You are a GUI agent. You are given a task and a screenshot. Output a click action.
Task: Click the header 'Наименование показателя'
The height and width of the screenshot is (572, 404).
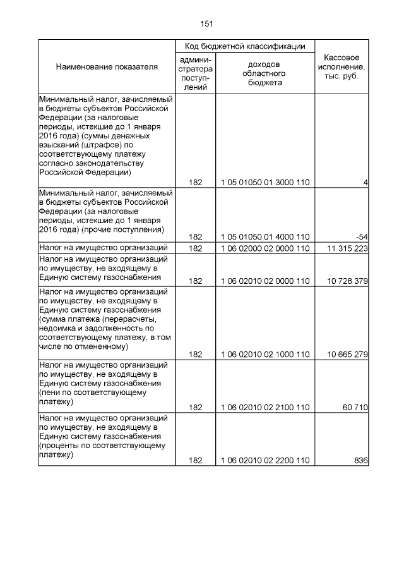coord(107,67)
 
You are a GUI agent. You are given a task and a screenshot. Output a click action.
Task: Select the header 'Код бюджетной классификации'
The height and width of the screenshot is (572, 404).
coord(245,47)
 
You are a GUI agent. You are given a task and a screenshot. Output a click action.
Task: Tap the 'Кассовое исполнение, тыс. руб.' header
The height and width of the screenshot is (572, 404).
coord(341,66)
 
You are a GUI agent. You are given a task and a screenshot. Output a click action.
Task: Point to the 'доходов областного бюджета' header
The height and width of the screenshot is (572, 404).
coord(265,73)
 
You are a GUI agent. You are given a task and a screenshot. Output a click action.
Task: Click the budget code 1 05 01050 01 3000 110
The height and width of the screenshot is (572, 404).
coord(265,183)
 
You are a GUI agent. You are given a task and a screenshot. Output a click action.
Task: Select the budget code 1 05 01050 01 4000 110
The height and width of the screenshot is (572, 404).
coord(265,236)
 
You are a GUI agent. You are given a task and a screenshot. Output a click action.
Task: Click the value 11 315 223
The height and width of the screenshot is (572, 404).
coord(345,248)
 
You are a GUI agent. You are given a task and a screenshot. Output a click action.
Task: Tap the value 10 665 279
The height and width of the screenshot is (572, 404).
coord(345,355)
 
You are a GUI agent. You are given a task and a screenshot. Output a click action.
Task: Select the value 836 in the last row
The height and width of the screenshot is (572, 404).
coord(361,461)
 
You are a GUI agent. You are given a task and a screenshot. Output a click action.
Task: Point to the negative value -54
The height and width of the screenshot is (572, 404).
coord(362,236)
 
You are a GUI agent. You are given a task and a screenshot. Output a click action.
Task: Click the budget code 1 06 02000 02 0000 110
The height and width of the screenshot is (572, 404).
coord(265,248)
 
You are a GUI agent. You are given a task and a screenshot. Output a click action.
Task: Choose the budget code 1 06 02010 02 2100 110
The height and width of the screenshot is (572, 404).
coord(265,408)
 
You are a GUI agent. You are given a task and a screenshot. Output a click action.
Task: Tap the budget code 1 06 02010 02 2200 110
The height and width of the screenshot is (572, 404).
coord(265,461)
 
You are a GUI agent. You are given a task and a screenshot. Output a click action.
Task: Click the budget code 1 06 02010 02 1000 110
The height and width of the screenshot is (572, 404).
coord(265,355)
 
